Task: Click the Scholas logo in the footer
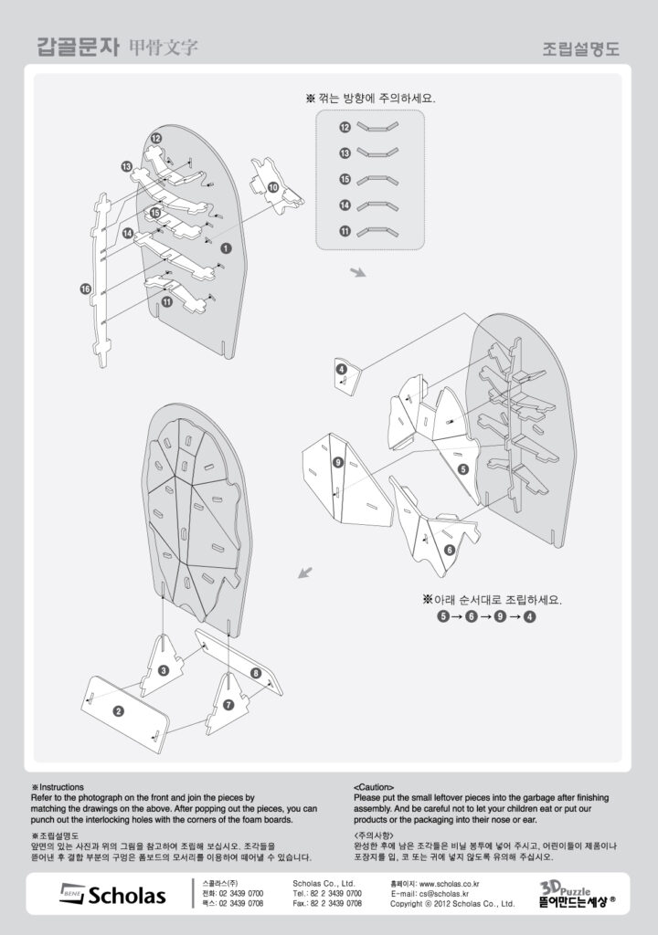113,894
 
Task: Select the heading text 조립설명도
580,48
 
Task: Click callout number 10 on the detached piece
272,186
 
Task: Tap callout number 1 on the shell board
226,247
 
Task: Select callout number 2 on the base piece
119,710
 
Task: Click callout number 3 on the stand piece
163,671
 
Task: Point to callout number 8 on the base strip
255,673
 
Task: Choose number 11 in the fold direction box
345,231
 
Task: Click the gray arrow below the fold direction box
357,272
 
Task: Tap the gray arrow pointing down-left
306,573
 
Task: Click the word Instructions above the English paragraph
61,786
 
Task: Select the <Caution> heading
373,786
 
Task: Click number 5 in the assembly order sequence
443,616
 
